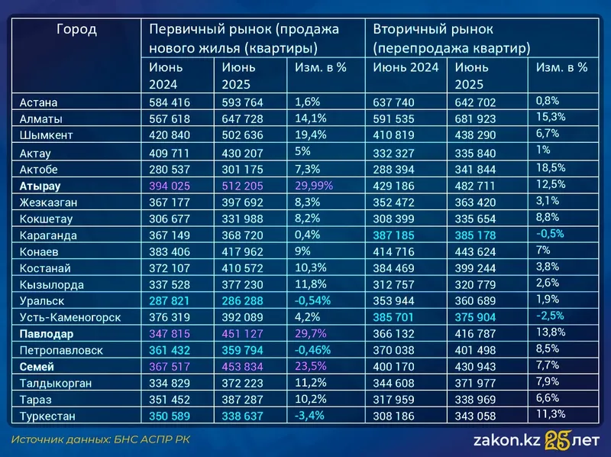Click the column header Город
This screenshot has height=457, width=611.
click(x=76, y=31)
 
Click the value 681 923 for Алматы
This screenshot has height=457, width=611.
click(x=478, y=119)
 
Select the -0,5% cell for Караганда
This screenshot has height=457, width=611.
click(x=551, y=233)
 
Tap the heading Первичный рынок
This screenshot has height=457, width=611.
click(x=243, y=30)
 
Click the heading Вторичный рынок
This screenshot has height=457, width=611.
click(x=433, y=30)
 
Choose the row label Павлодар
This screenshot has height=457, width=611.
click(x=47, y=333)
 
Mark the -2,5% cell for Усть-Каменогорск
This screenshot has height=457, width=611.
click(x=551, y=316)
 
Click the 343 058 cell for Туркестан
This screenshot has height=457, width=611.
click(x=478, y=416)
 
